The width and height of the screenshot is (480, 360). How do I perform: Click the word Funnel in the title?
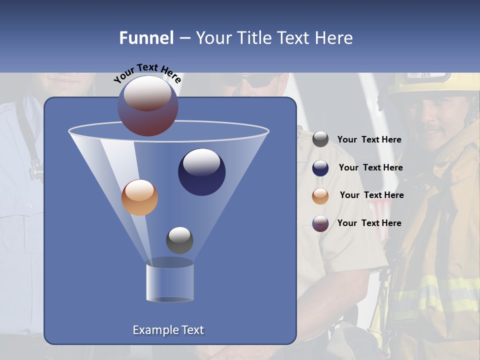(146, 38)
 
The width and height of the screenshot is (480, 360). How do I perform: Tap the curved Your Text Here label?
(147, 73)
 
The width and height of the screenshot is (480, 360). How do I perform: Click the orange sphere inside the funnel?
(139, 197)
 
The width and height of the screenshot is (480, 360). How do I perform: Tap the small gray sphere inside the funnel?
(179, 240)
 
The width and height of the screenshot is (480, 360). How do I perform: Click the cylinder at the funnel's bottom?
(169, 282)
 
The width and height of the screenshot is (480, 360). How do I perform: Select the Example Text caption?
(168, 330)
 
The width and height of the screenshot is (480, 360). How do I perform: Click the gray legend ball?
(320, 139)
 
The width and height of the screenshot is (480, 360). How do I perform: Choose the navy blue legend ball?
(320, 168)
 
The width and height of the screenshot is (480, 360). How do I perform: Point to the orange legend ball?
(320, 196)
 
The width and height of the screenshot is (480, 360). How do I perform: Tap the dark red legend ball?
(320, 223)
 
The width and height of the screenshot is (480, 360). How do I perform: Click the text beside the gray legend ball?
(369, 139)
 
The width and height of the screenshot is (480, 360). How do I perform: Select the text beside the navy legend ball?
(370, 167)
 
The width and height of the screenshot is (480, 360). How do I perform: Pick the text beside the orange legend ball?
(371, 195)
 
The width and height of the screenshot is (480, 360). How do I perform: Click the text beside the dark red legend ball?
(369, 223)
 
